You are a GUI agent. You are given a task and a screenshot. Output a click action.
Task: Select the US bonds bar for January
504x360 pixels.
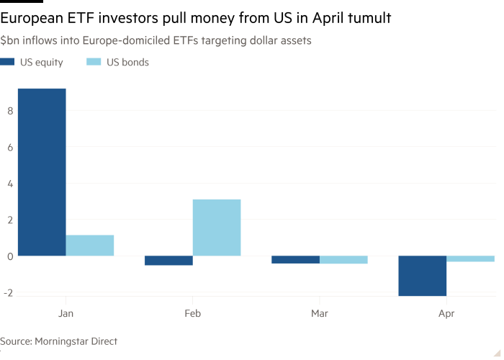[x=90, y=245]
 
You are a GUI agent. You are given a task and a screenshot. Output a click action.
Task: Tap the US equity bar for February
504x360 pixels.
[x=168, y=261]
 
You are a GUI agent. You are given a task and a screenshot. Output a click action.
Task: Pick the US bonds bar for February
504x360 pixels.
[x=217, y=227]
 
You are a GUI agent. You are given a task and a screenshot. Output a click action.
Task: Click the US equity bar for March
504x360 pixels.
[x=295, y=260]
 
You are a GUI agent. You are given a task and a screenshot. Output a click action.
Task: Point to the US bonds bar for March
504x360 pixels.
[x=343, y=260]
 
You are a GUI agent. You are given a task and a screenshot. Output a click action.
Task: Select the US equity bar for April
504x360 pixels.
[x=422, y=276]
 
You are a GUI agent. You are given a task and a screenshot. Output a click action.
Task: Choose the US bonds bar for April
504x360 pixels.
[x=470, y=259]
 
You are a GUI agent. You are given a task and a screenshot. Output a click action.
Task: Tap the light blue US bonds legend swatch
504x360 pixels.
[x=94, y=63]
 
